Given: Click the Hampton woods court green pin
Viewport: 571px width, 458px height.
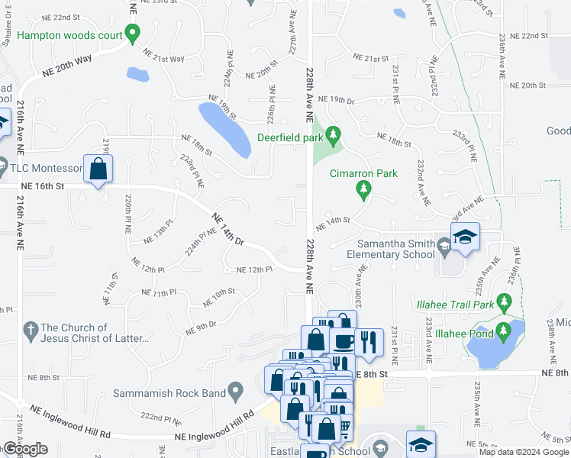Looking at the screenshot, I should pyautogui.click(x=132, y=34).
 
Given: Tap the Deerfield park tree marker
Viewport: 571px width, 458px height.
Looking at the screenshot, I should pyautogui.click(x=333, y=137).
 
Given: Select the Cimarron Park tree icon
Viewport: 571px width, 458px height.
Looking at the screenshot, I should pyautogui.click(x=364, y=188).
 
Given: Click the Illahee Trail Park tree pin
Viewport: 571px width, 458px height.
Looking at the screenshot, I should pyautogui.click(x=503, y=302).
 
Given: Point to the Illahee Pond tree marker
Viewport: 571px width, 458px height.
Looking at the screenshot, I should pyautogui.click(x=503, y=331).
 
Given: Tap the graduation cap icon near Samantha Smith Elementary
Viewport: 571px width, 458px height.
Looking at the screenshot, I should pyautogui.click(x=464, y=237).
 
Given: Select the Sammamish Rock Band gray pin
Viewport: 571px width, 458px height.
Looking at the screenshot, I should pyautogui.click(x=237, y=393).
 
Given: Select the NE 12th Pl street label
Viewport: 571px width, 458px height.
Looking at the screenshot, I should pyautogui.click(x=254, y=270).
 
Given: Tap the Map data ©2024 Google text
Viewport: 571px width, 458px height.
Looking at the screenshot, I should pyautogui.click(x=524, y=452).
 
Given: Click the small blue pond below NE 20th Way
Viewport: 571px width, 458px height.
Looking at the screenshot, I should pyautogui.click(x=137, y=74).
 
